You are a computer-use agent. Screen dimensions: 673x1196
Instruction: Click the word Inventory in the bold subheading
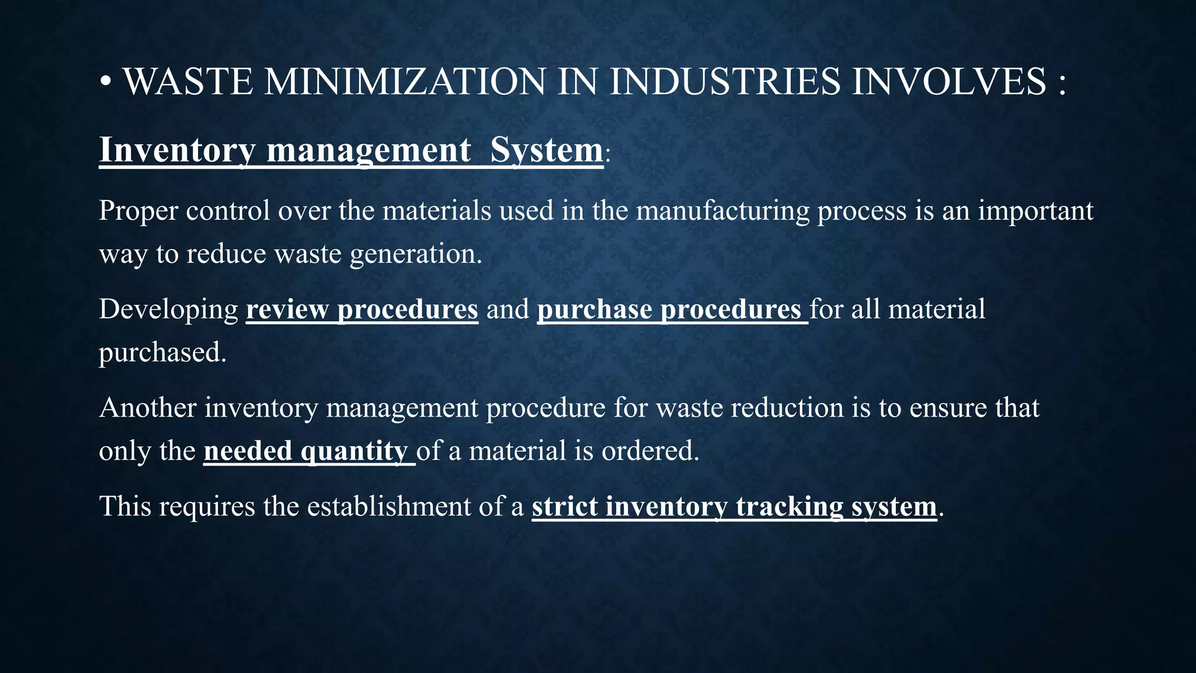pyautogui.click(x=177, y=150)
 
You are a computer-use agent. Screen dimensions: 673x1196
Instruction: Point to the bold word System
pyautogui.click(x=546, y=150)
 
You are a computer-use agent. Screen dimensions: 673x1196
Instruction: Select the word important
pyautogui.click(x=1035, y=210)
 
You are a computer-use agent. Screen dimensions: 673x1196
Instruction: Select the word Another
pyautogui.click(x=148, y=408)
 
